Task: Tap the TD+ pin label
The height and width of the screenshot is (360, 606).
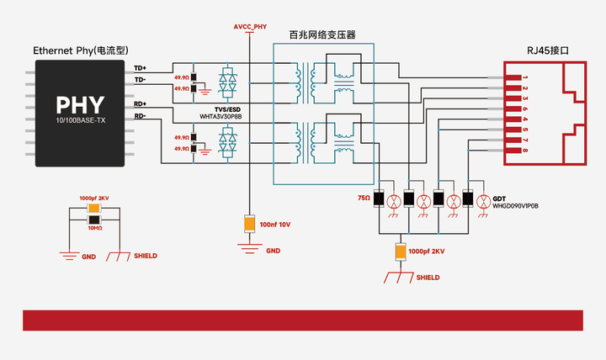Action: click(x=140, y=67)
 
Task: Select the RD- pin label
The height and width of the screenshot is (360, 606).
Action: click(x=140, y=116)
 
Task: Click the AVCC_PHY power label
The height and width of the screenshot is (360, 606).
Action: click(x=250, y=28)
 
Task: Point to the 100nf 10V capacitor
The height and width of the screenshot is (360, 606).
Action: click(x=249, y=224)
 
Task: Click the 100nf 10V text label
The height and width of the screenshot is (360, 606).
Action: click(x=274, y=225)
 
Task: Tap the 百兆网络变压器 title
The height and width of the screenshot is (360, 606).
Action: click(x=322, y=35)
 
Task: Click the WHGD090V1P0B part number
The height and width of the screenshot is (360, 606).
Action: click(x=515, y=204)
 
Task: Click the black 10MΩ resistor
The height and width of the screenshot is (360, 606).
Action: click(x=94, y=220)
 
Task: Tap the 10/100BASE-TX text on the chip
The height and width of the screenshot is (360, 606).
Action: click(x=81, y=123)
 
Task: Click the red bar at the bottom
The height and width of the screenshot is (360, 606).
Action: click(x=302, y=320)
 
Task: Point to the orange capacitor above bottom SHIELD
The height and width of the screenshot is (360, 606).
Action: click(x=401, y=251)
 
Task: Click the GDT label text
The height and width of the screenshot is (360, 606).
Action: click(x=498, y=197)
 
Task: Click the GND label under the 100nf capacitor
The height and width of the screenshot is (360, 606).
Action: click(x=273, y=251)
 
